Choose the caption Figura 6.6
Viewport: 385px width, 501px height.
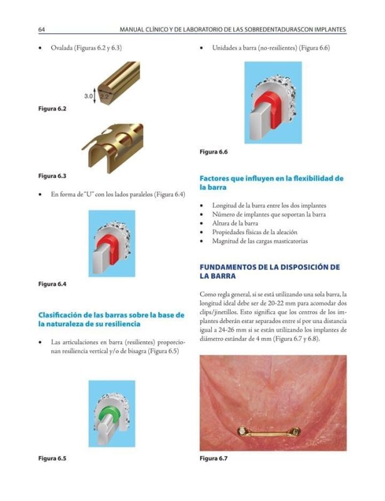coord(213,152)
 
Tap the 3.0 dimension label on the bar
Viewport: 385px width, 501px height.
coord(88,96)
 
